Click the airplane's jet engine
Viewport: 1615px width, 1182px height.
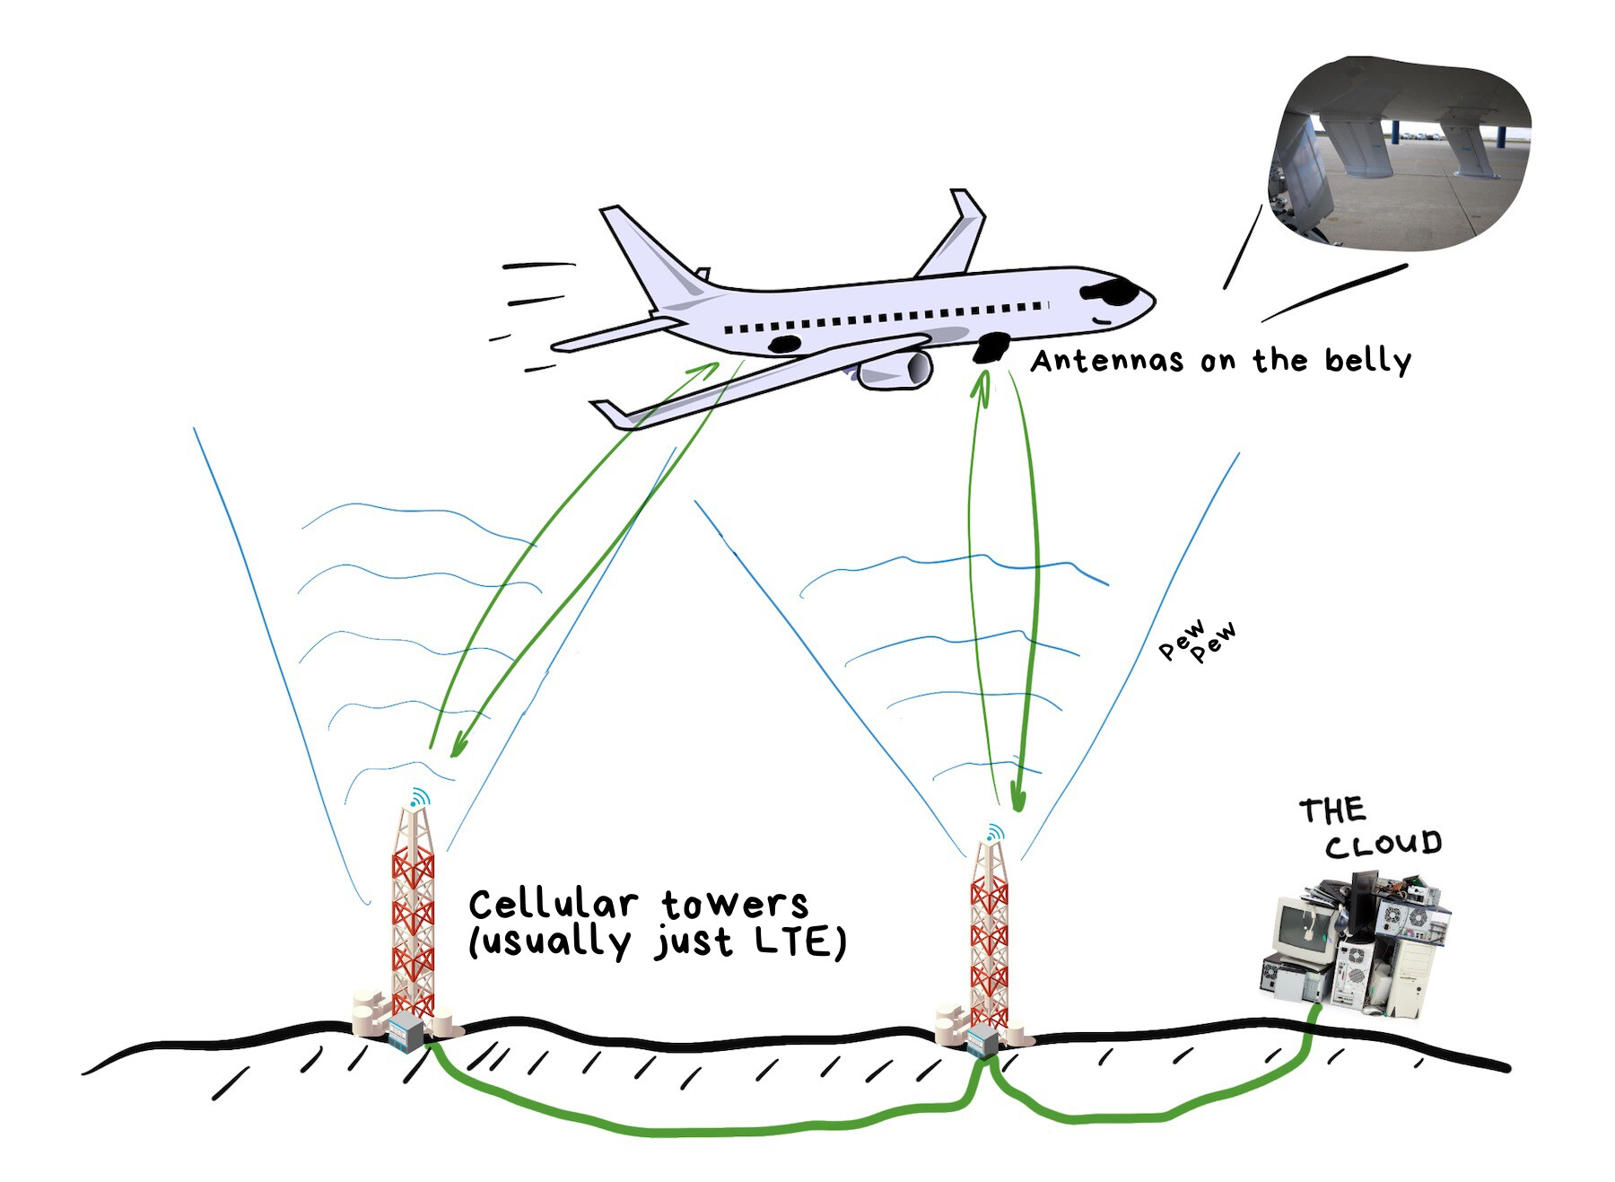click(x=894, y=369)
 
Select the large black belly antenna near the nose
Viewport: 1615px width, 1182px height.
click(x=991, y=346)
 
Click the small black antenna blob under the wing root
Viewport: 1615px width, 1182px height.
click(x=784, y=344)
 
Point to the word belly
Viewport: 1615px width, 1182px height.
click(x=1367, y=362)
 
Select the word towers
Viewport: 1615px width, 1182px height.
click(x=735, y=905)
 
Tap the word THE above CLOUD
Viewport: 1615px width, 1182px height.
click(x=1332, y=810)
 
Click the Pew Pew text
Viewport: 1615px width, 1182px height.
click(x=1197, y=639)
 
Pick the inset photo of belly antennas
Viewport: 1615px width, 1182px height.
click(x=1399, y=153)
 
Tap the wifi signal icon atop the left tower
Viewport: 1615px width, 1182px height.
click(x=419, y=797)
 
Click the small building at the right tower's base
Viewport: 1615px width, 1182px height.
click(x=982, y=1040)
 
